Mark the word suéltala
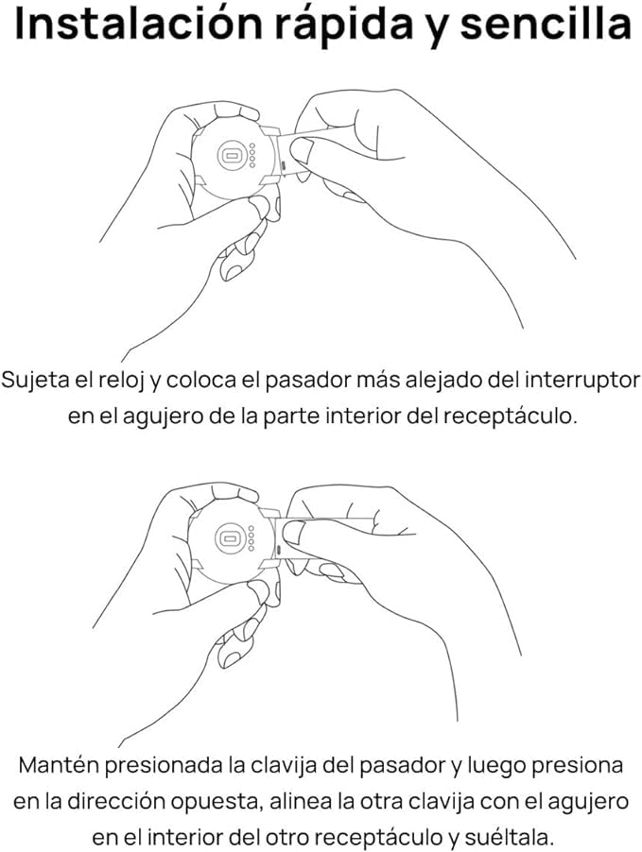[507, 837]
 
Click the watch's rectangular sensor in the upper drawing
[230, 154]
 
